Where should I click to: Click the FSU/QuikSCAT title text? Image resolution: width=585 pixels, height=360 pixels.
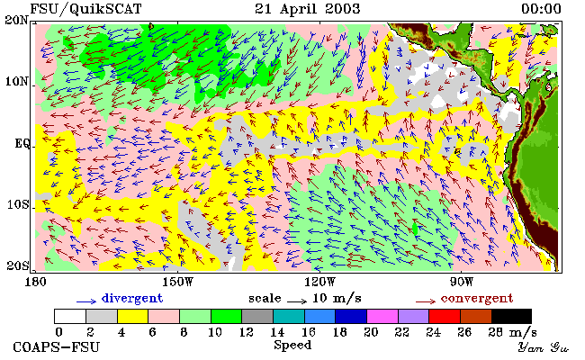click(85, 9)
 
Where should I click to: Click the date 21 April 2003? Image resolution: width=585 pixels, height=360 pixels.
click(308, 9)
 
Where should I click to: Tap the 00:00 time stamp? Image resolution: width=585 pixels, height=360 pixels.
click(541, 9)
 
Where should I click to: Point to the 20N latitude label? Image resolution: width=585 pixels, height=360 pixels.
click(16, 20)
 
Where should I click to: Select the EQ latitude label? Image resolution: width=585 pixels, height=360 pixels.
click(22, 144)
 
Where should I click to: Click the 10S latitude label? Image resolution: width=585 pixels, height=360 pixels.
click(17, 205)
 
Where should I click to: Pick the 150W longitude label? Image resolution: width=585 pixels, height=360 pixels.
click(178, 282)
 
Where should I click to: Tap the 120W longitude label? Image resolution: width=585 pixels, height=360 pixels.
click(319, 282)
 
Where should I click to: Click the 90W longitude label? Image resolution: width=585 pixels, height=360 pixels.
click(461, 282)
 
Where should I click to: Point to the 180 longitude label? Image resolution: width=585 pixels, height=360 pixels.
click(35, 282)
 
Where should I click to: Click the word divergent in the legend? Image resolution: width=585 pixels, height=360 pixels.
click(132, 299)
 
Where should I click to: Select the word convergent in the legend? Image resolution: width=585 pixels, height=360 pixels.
click(477, 299)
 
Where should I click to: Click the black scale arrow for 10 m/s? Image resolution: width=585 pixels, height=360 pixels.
click(297, 301)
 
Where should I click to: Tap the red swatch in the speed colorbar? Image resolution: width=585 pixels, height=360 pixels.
click(445, 316)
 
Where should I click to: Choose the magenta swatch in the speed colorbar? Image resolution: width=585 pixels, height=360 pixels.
click(382, 316)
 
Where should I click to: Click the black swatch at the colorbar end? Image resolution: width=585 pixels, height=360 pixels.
click(511, 316)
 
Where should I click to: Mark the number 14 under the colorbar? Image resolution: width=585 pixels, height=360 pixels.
click(277, 332)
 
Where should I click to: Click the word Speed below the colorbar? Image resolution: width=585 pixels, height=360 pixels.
click(292, 346)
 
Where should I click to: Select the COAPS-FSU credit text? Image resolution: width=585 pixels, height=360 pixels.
click(57, 347)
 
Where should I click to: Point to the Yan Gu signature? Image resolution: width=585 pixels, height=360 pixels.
click(543, 347)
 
